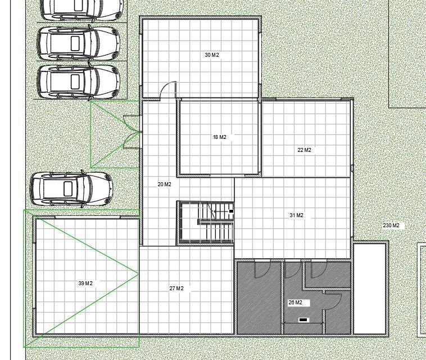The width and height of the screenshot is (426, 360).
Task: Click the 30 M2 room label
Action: point(212,55)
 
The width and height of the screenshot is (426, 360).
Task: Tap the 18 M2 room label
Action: point(220,137)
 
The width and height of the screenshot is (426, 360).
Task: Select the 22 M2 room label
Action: point(304,150)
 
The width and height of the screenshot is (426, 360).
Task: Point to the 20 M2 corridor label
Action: point(164,184)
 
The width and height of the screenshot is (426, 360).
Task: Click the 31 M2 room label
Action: point(296,215)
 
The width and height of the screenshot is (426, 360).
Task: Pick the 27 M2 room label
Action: point(176,288)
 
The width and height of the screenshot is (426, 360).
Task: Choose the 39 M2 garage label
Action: point(85,283)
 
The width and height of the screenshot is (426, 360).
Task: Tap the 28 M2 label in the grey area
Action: point(295,303)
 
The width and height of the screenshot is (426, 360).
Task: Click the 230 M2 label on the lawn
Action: point(391,226)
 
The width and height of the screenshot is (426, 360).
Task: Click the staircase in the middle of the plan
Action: point(205,223)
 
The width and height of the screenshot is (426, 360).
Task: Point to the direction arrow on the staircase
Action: point(220,211)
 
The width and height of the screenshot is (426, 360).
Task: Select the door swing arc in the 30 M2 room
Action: point(167,87)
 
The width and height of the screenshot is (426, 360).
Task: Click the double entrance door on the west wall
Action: point(132,132)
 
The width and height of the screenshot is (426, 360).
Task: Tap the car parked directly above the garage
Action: point(72,188)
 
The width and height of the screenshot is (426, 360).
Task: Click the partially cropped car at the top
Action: point(81,10)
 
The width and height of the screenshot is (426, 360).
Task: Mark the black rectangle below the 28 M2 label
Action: point(303,320)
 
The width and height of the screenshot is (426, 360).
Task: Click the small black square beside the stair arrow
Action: point(231,211)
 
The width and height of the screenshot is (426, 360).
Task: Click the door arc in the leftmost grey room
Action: point(262,270)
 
